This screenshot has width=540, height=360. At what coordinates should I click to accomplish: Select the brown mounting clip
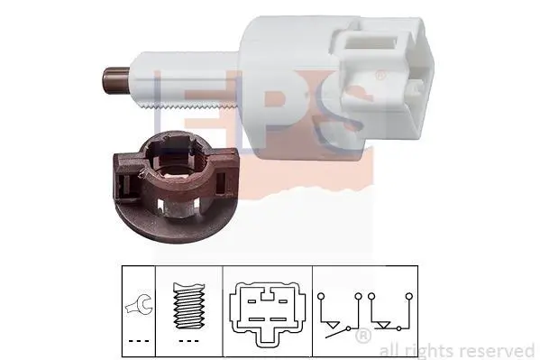click(x=175, y=188)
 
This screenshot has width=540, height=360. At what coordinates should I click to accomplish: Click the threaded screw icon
click(x=189, y=306)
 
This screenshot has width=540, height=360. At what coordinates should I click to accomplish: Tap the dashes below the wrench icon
click(x=139, y=341)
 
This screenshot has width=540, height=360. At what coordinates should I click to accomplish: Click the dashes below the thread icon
click(x=189, y=341)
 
